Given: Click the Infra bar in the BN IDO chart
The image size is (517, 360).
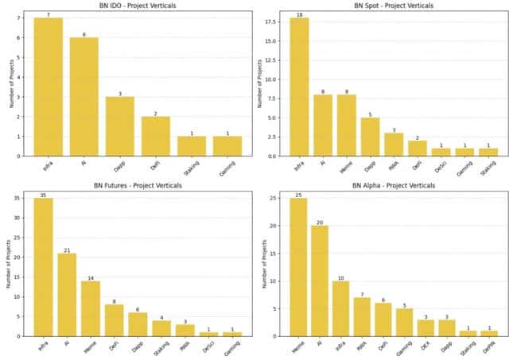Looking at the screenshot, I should [x=49, y=87].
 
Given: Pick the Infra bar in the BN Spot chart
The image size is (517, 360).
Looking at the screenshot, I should [x=301, y=87].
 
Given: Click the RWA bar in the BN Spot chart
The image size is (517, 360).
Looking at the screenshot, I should [x=394, y=144].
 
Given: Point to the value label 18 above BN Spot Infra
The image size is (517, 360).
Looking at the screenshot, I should [x=301, y=14].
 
